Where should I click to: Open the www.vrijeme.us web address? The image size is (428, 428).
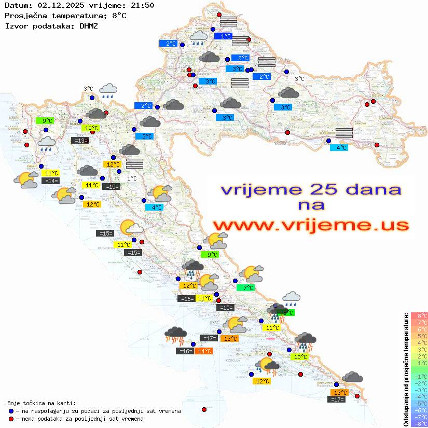coord(310,225)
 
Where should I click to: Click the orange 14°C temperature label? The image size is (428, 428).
coord(203,351)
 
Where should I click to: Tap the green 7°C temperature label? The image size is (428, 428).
coord(246,287)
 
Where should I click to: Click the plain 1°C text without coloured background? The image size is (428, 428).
coord(132,178)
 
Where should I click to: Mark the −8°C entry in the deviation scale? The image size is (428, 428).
coord(419,424)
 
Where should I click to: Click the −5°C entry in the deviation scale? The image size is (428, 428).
coord(419,403)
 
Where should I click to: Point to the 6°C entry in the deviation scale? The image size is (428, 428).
coord(419,329)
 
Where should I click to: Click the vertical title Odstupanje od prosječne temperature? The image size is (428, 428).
coord(406,369)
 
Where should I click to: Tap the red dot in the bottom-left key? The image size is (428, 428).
coord(11,419)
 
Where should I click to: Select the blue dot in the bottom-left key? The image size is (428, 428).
coord(11,411)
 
